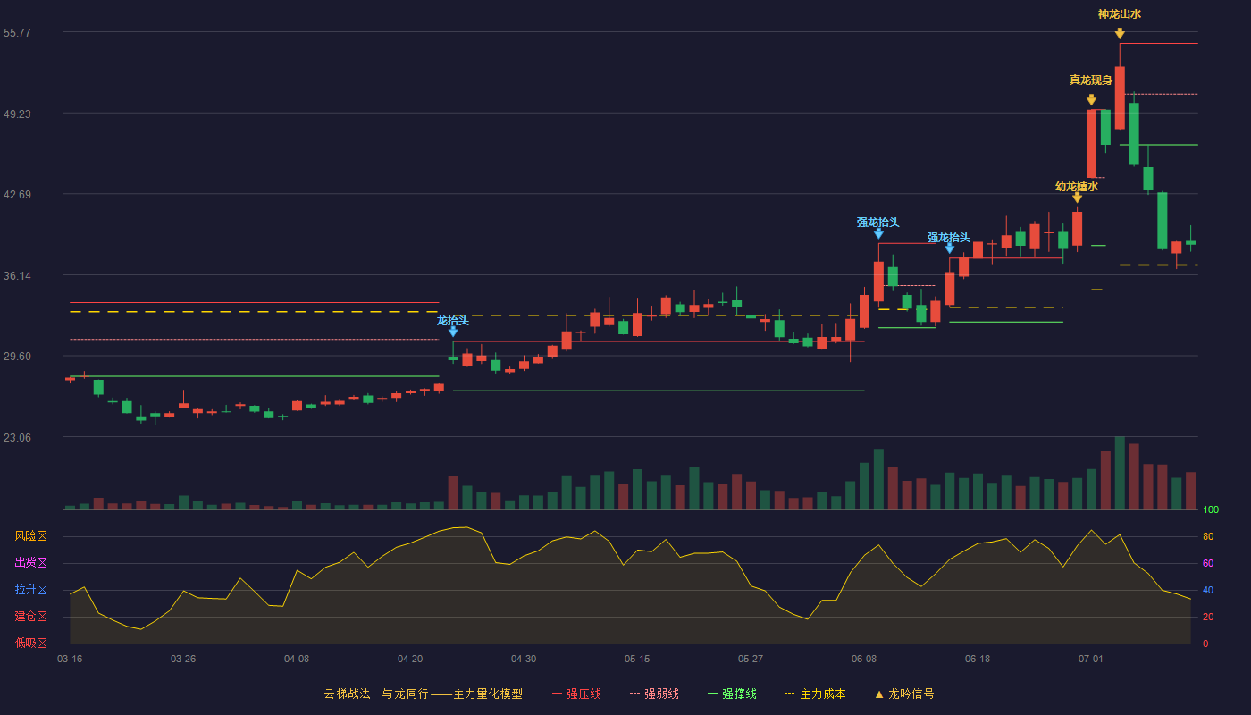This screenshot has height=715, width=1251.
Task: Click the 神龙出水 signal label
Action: [1119, 14]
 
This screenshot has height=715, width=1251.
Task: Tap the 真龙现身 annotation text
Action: [1091, 80]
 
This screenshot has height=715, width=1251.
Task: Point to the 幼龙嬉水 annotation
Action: [1077, 186]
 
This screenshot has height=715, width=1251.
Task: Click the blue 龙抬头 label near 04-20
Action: [452, 321]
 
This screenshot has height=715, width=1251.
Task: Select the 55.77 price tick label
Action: [17, 33]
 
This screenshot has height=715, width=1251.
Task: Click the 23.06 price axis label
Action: [17, 437]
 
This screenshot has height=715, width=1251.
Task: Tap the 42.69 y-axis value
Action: [17, 195]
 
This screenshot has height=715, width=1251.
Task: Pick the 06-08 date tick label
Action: [863, 660]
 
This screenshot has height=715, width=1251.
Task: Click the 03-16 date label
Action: [70, 660]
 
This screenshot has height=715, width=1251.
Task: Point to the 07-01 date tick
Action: [1091, 660]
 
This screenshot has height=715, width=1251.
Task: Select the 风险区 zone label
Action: [30, 536]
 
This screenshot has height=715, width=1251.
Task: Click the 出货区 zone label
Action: [30, 562]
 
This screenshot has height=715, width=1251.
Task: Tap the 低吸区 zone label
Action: [30, 643]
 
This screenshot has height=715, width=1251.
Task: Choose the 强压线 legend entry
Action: [576, 694]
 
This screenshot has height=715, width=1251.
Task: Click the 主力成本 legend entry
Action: [815, 694]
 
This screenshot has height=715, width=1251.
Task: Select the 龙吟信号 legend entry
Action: [904, 694]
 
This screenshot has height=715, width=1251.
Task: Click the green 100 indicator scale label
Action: [1211, 509]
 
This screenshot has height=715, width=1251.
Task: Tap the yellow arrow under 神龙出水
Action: [1120, 34]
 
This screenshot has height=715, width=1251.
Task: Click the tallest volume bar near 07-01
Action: [1120, 473]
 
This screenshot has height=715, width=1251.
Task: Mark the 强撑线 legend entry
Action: [732, 694]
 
